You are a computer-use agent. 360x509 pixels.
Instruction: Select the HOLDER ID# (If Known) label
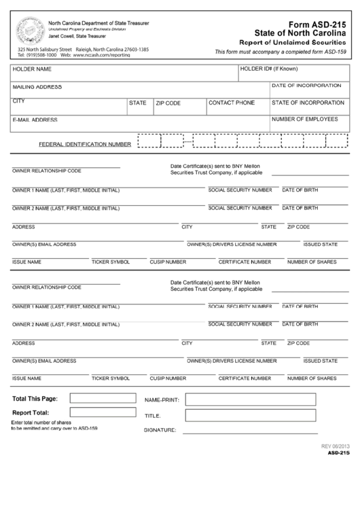click(270, 69)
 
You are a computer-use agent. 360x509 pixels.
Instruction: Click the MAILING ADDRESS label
click(37, 87)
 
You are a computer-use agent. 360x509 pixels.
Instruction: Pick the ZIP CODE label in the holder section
click(168, 103)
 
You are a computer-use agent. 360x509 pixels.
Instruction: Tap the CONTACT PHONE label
click(232, 103)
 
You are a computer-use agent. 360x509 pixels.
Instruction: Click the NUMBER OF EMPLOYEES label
click(305, 119)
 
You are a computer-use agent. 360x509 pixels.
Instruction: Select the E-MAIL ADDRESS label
click(35, 120)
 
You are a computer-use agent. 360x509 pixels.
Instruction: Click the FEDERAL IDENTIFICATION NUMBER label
click(85, 144)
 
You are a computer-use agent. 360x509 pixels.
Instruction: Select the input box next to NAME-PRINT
click(251, 399)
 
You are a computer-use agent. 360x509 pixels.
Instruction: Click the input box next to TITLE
click(251, 415)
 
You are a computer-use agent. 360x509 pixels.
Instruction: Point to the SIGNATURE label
click(160, 430)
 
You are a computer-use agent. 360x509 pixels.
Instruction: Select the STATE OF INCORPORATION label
click(308, 103)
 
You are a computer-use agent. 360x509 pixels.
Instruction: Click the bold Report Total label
click(30, 413)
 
